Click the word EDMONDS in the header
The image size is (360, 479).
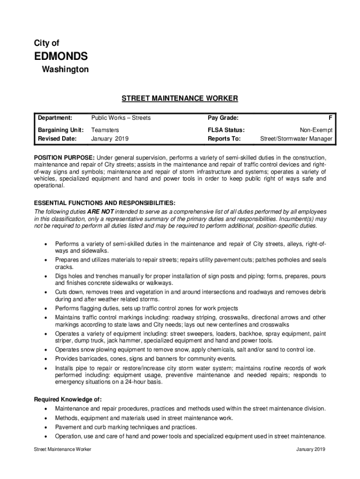click(x=61, y=57)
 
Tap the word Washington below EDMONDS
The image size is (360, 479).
click(x=65, y=70)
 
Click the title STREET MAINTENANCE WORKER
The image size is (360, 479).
click(x=180, y=98)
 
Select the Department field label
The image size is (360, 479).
click(x=55, y=118)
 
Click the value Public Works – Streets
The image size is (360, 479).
click(x=121, y=118)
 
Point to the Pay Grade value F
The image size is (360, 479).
click(x=331, y=118)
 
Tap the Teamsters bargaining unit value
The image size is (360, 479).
click(x=105, y=130)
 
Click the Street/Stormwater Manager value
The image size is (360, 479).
click(x=296, y=139)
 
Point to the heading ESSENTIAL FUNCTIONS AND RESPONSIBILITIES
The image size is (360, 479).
click(x=105, y=203)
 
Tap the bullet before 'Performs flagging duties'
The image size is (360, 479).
click(x=45, y=309)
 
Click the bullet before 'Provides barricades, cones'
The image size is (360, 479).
click(x=45, y=359)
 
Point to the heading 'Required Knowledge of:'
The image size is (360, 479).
click(x=68, y=399)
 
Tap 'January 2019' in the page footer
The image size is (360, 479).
click(x=310, y=450)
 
